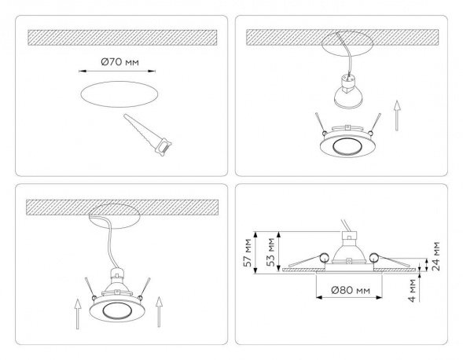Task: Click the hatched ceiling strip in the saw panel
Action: point(121,37)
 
